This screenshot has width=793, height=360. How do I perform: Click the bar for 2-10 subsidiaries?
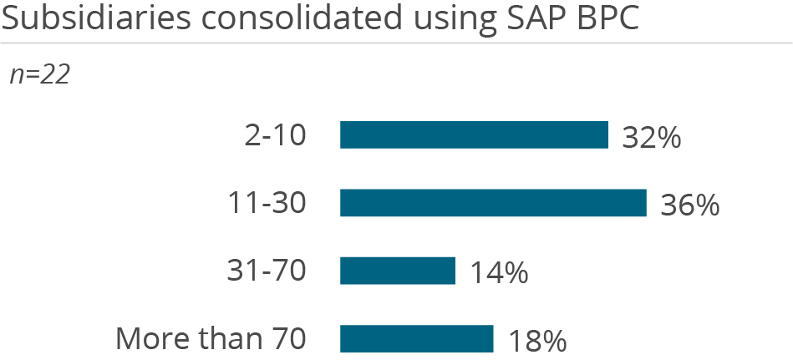click(x=473, y=135)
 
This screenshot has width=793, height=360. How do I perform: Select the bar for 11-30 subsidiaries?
click(x=493, y=203)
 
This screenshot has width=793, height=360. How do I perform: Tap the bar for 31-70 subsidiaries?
click(x=397, y=271)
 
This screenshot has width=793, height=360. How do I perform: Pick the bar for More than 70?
click(x=416, y=338)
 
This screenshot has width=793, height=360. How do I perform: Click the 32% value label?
click(x=652, y=138)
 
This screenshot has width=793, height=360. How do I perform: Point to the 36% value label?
click(x=690, y=205)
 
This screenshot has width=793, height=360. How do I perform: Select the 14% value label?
click(x=498, y=273)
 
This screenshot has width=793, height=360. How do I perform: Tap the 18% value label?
click(x=537, y=341)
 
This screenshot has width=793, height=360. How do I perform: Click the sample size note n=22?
click(x=39, y=75)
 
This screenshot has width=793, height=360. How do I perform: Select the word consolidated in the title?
click(x=264, y=18)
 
